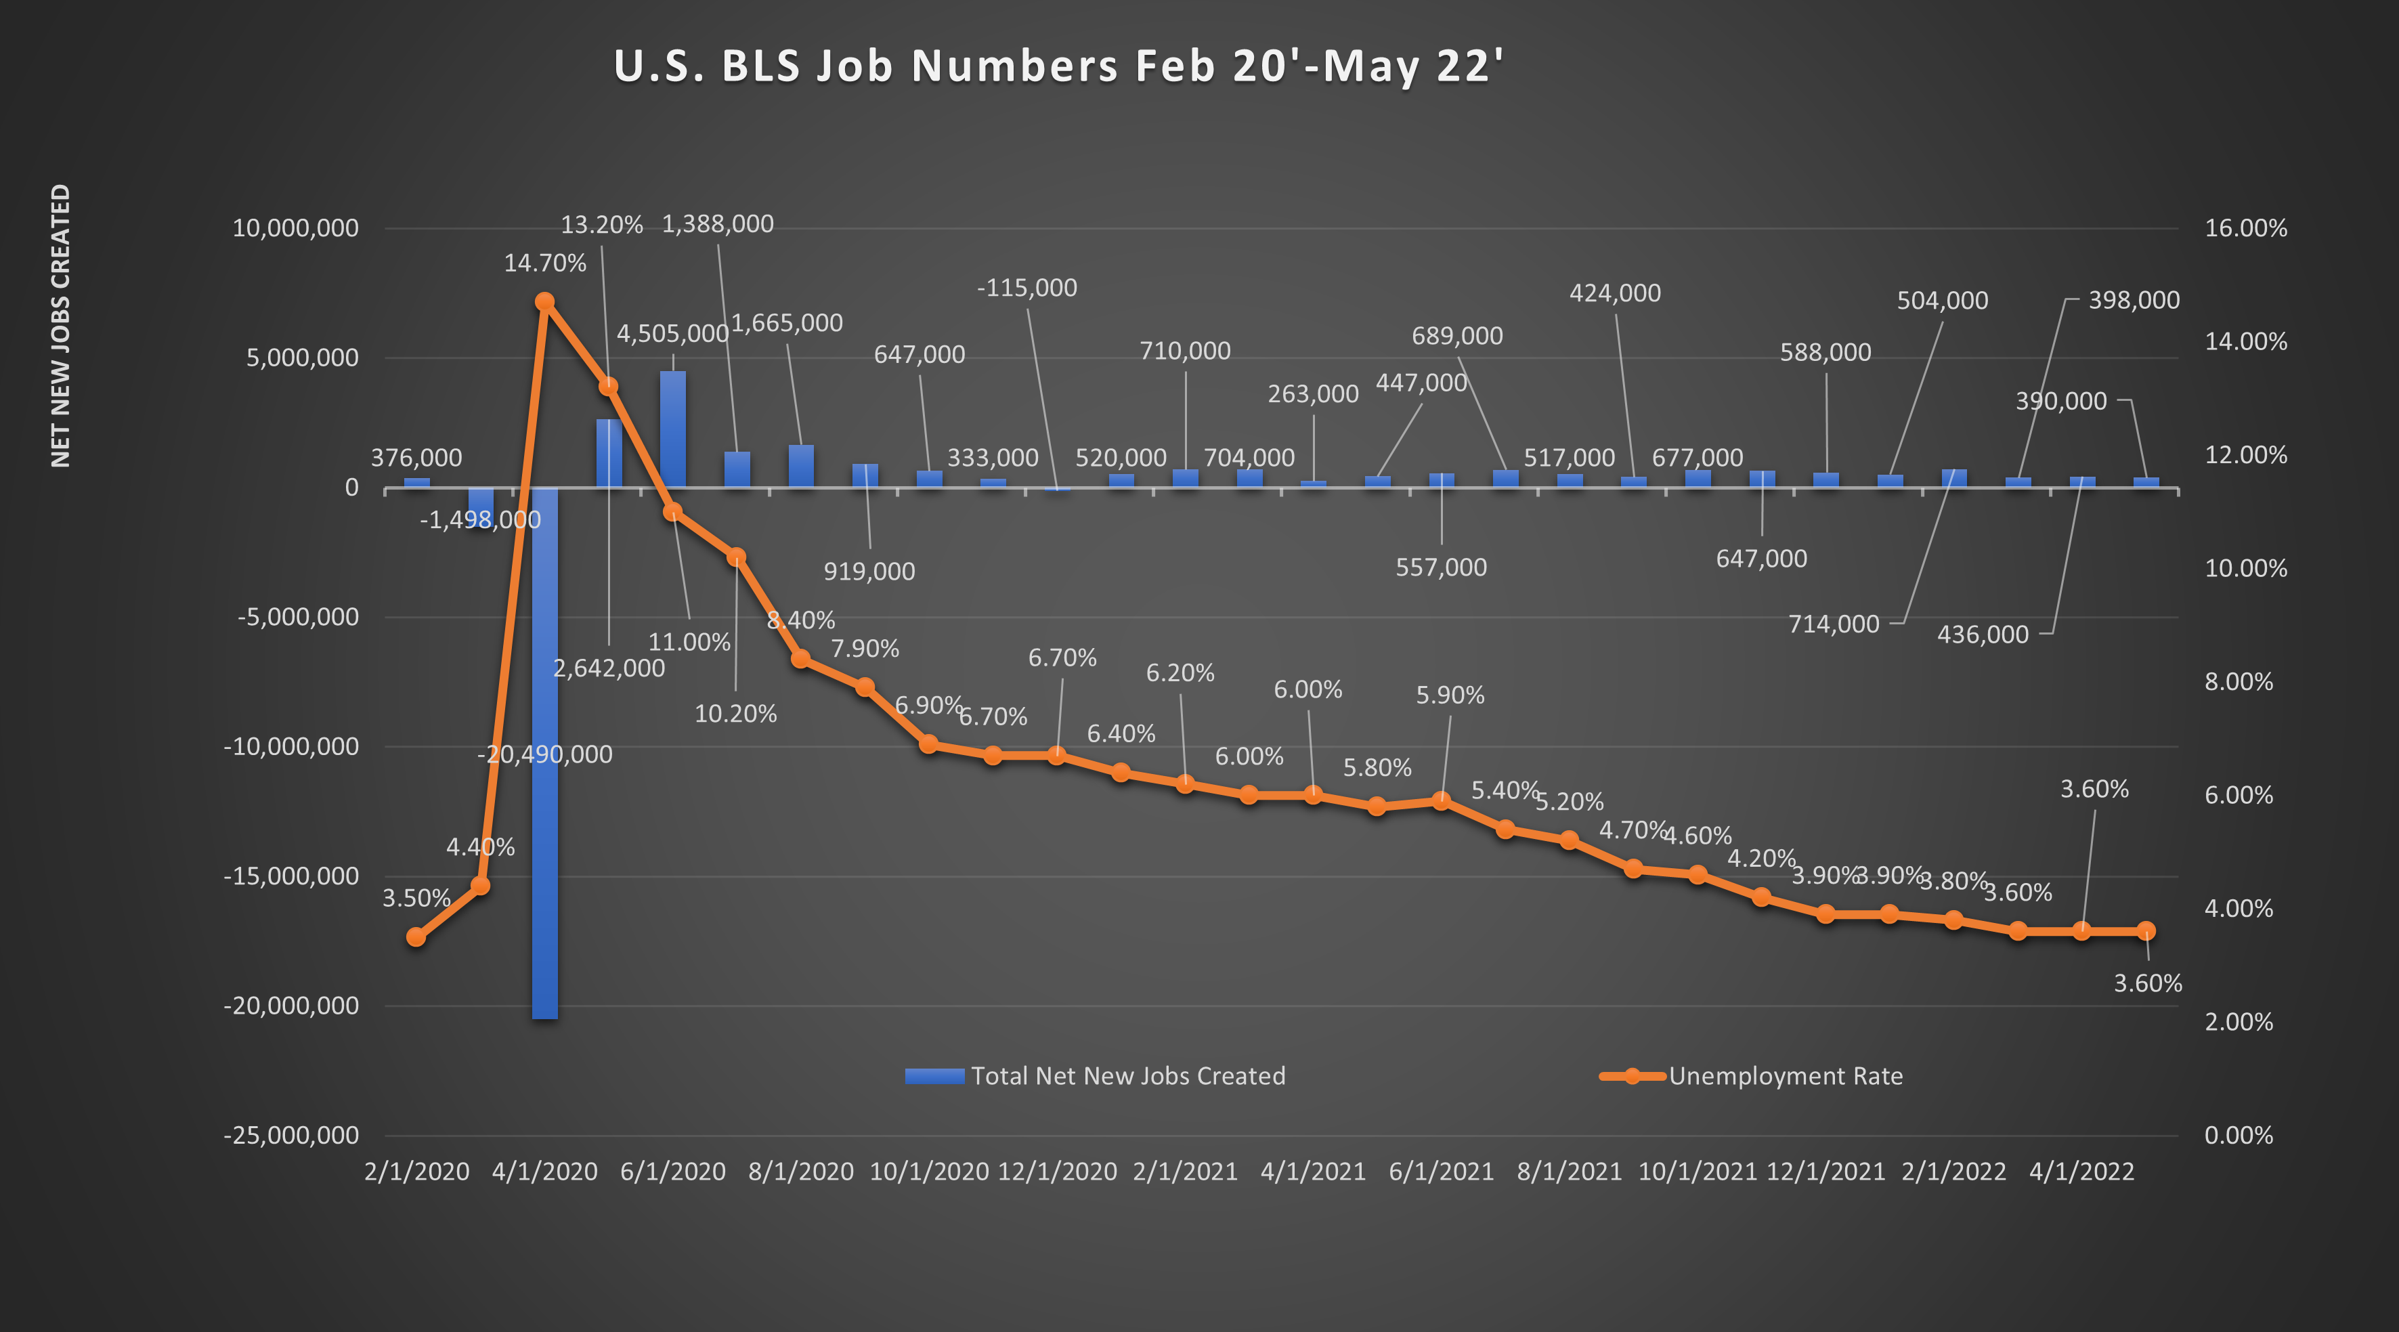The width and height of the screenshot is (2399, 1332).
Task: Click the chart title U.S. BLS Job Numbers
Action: [1058, 66]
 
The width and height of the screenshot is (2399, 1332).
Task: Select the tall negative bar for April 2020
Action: [545, 792]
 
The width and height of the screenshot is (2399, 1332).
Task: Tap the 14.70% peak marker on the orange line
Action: [545, 302]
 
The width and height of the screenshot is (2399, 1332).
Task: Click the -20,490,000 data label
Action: [545, 754]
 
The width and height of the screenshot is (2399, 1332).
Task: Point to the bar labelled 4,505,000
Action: [672, 429]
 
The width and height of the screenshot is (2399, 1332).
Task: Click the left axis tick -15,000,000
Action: [290, 876]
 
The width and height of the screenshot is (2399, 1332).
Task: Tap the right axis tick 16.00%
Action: [2245, 228]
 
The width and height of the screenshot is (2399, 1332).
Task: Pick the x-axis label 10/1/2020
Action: [928, 1172]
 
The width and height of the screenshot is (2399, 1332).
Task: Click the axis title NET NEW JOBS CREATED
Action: [60, 326]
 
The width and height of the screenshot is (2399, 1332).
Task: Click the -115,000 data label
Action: [1026, 288]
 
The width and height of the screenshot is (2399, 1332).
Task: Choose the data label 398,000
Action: [2134, 300]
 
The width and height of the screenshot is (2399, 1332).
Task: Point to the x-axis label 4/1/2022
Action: [2081, 1172]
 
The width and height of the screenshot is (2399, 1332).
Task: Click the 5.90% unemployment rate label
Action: [1450, 695]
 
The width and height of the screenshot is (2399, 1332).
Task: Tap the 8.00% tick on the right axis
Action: [2239, 682]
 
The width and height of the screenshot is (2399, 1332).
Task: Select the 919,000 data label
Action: [869, 571]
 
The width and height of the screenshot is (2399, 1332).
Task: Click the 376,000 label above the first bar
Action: [416, 457]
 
